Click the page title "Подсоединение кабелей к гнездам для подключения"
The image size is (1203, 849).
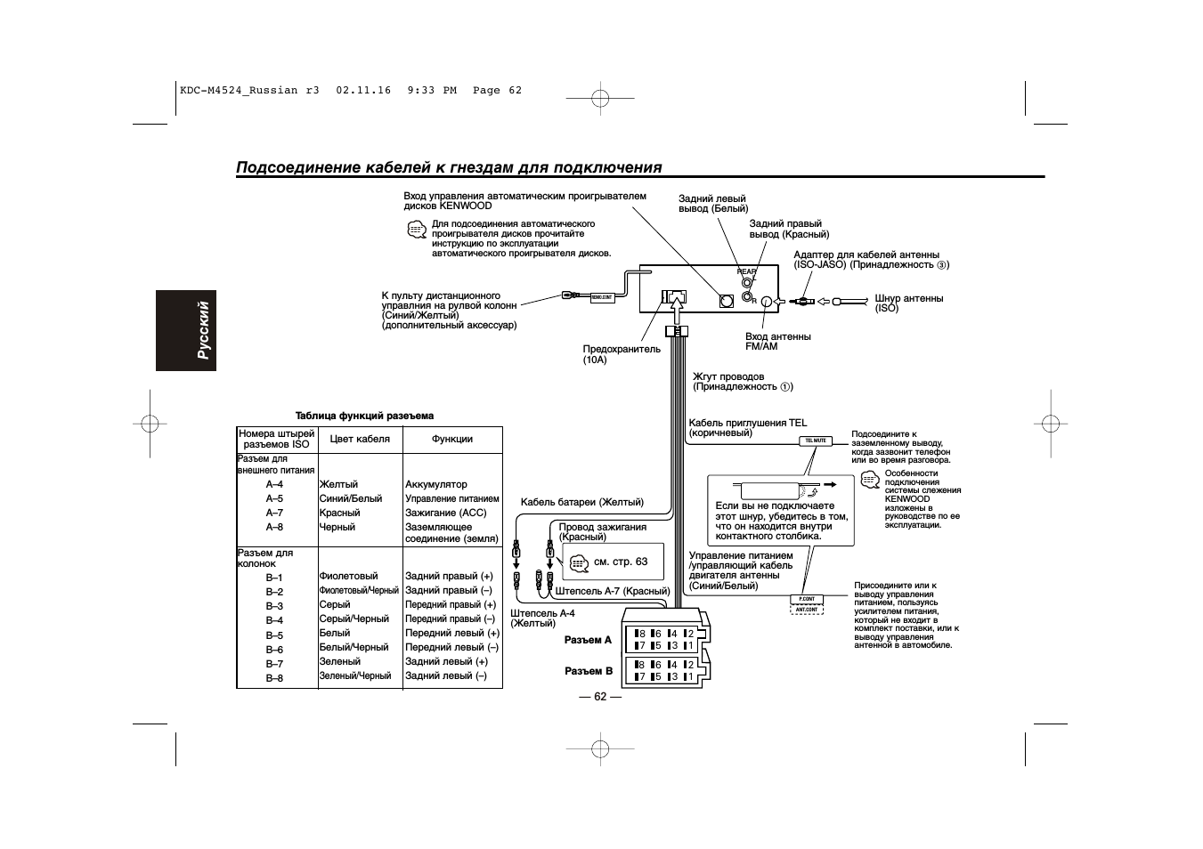point(449,168)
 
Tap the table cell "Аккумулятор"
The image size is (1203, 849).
point(435,485)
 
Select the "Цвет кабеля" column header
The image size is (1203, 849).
point(360,439)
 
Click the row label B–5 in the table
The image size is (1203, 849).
point(274,635)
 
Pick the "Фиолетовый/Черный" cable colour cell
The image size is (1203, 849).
point(359,591)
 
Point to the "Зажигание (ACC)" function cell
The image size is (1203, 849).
point(445,513)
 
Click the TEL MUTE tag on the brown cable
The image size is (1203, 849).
point(816,441)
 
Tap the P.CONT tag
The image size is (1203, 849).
point(807,599)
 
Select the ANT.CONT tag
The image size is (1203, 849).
point(807,610)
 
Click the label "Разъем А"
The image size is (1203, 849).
point(589,640)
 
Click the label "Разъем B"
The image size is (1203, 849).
point(589,672)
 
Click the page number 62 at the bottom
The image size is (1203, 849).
point(600,696)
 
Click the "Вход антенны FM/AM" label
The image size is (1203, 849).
point(777,341)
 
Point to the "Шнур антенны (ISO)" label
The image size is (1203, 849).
point(908,303)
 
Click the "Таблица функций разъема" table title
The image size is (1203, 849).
point(364,416)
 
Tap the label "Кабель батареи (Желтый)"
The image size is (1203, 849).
point(581,502)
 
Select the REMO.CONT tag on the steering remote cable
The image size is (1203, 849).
point(603,296)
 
